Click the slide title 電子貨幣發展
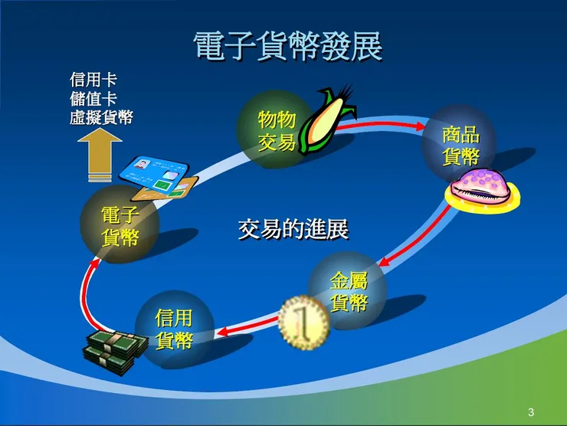(287, 47)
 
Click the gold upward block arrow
(100, 153)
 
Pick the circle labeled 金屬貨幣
(349, 290)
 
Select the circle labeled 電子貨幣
(120, 224)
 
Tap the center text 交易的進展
(293, 228)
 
